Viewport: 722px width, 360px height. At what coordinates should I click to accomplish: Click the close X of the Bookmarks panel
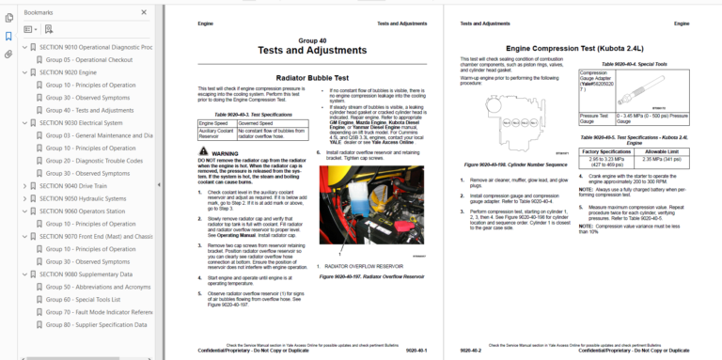coord(144,12)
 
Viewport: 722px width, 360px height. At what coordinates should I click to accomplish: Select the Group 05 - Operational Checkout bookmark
coord(90,59)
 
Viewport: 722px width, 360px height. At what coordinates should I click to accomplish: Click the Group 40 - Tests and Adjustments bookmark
coord(89,110)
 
